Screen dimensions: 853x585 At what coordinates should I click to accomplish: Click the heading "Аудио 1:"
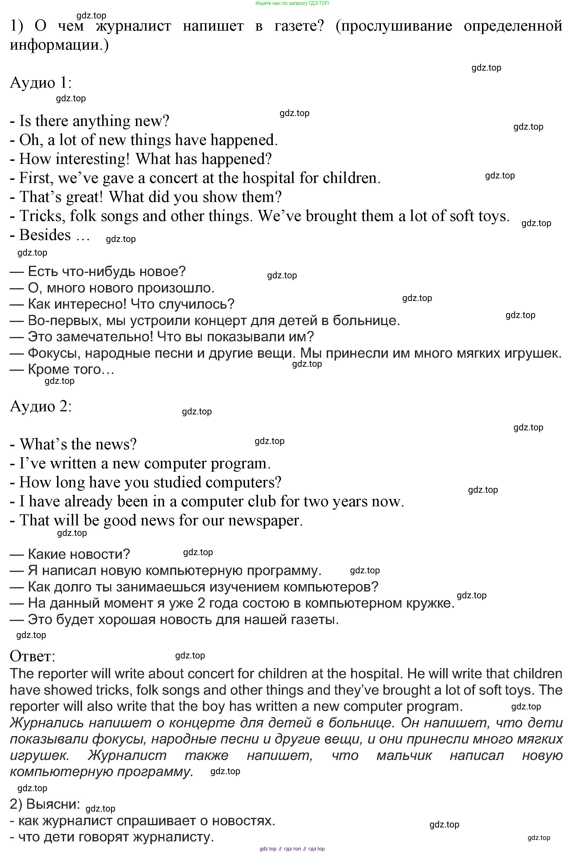pos(40,83)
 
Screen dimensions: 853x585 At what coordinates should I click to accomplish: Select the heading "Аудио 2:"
pos(40,406)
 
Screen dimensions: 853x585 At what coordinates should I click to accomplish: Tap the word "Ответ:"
pos(32,656)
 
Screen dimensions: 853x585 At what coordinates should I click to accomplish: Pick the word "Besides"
pos(45,235)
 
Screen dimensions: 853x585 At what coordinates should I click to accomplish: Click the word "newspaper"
pos(265,521)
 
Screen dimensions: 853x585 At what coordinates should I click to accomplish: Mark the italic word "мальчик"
pos(404,755)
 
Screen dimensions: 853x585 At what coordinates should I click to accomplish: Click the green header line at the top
pos(292,3)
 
